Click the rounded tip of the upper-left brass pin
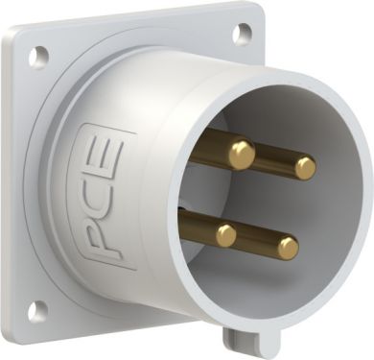(x=242, y=155)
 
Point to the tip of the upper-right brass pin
(x=306, y=168)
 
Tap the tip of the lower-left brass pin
(x=226, y=235)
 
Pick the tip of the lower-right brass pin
(x=289, y=248)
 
